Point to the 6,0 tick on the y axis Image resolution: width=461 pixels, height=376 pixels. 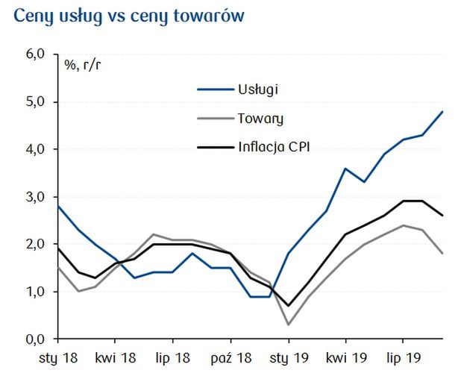click(x=36, y=54)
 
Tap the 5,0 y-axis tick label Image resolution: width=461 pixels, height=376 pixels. click(x=36, y=101)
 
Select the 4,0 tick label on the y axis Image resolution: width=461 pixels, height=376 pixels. click(x=36, y=149)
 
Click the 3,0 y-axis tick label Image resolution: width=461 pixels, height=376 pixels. click(x=36, y=197)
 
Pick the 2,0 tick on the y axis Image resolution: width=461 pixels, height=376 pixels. click(x=36, y=244)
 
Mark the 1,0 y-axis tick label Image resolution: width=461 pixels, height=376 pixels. click(x=36, y=292)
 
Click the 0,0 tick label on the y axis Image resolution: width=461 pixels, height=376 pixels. click(x=36, y=339)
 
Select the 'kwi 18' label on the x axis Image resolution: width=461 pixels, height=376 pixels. click(x=116, y=357)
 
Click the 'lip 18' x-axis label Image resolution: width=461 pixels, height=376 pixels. click(x=172, y=357)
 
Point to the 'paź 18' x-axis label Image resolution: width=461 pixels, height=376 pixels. click(x=230, y=357)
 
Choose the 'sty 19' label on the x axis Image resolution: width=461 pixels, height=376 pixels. click(x=289, y=357)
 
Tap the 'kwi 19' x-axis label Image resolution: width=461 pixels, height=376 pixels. click(x=345, y=357)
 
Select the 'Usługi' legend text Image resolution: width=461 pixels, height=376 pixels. click(x=259, y=90)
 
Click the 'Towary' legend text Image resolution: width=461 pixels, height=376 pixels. click(x=261, y=118)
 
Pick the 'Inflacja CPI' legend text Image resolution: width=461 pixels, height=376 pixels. click(x=274, y=146)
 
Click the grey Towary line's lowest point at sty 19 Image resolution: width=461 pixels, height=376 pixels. click(x=289, y=325)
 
